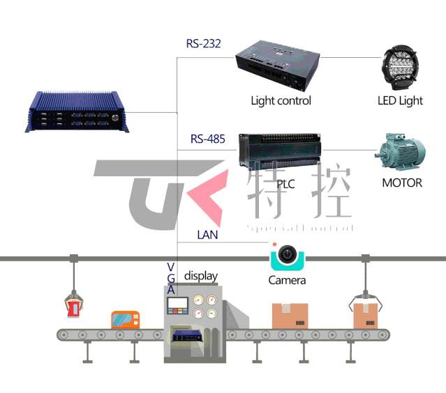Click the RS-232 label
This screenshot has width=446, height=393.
pos(203,44)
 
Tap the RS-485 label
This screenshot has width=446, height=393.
pos(207,139)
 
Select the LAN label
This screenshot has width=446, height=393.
pos(207,235)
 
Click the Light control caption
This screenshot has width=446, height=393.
pos(281,100)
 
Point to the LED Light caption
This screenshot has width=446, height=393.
pos(400,100)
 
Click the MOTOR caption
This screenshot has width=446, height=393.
pos(402,183)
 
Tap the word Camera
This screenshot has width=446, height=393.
pos(287,280)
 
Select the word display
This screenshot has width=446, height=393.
pos(201,276)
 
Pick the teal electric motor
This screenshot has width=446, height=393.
pos(401,153)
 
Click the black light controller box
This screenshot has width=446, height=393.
pos(277,66)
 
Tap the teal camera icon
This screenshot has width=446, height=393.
pos(286,256)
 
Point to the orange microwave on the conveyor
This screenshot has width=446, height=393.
pos(126,320)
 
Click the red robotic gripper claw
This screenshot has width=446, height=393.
pos(73,304)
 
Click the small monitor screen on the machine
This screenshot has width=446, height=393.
pos(178,305)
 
